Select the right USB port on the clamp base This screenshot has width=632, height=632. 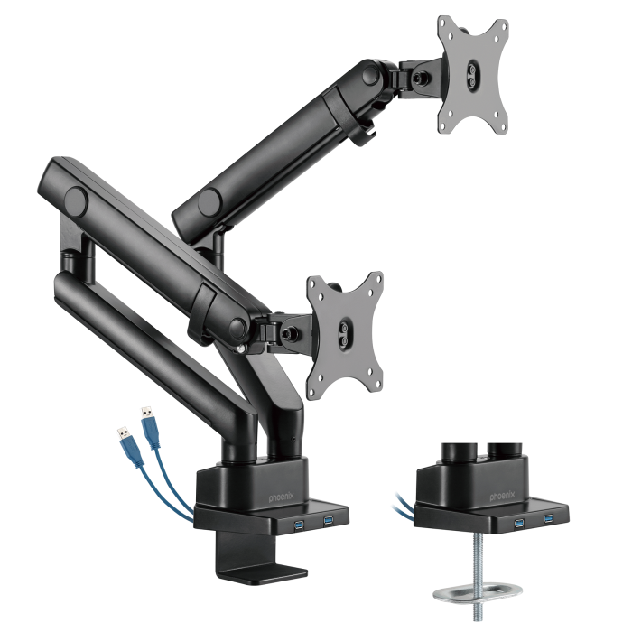point(328,521)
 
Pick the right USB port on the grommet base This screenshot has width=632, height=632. point(546,520)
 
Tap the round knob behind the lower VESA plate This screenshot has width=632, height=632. point(293,331)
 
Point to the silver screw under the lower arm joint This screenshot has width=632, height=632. point(242,348)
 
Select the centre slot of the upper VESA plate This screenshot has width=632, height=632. point(473,72)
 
